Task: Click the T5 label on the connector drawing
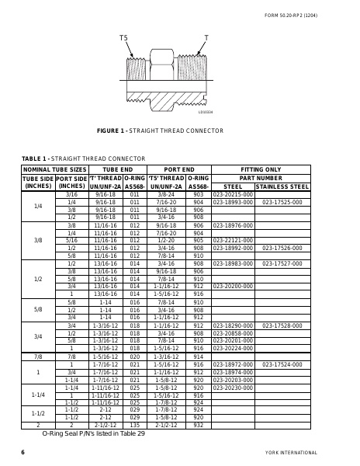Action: [x=123, y=37]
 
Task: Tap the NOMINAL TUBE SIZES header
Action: [x=54, y=169]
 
